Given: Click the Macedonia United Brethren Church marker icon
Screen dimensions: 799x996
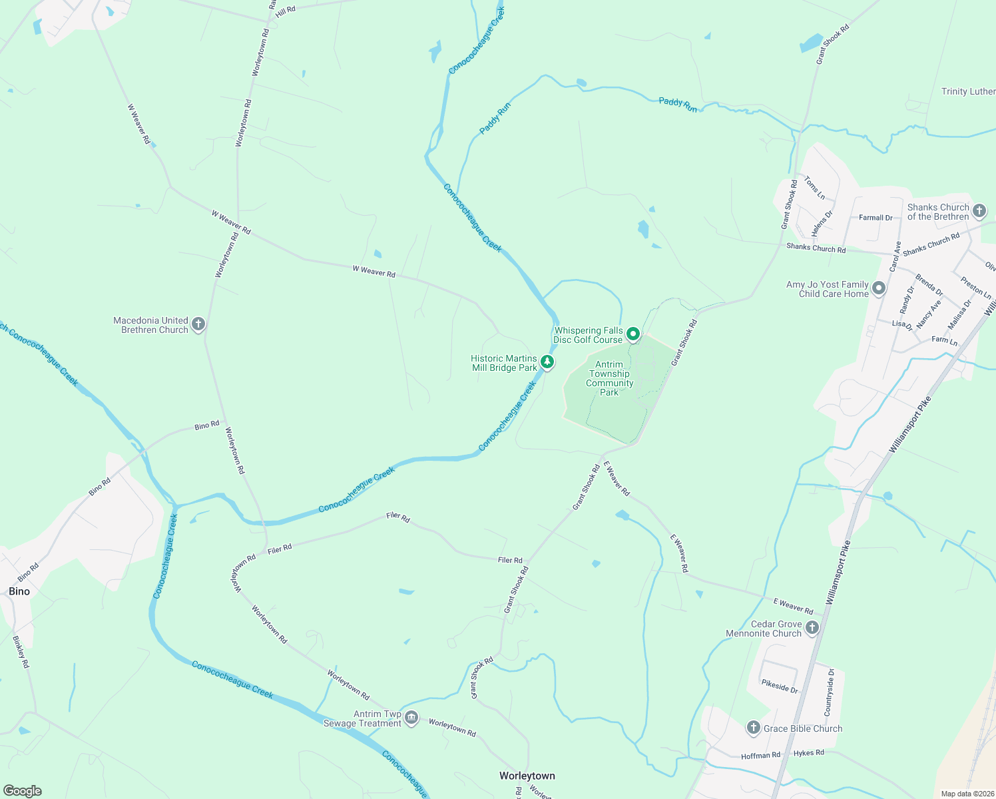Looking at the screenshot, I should [198, 324].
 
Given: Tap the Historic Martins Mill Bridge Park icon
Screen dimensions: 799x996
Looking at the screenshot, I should [547, 362].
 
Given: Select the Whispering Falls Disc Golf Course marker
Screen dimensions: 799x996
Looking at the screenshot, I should [633, 334].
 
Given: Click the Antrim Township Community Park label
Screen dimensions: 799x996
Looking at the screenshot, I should [609, 378].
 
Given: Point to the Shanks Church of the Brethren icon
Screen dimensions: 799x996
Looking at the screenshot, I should [979, 212].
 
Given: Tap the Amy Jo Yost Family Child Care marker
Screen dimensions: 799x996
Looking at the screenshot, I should [879, 288].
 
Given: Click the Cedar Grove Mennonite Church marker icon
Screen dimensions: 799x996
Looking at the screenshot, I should [812, 628].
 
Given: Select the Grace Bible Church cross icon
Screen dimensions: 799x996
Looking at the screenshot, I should [753, 728].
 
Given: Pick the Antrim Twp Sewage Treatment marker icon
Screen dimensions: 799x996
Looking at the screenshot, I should [411, 718].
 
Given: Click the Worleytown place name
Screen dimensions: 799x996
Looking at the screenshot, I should [527, 776].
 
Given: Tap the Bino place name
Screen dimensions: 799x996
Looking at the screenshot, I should [19, 591].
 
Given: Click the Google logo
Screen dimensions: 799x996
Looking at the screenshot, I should [23, 791].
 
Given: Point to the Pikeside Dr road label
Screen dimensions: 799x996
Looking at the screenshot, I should [780, 686].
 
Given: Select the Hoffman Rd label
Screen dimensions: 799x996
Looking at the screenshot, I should [760, 756].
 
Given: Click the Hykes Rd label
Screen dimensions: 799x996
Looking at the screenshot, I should [809, 753].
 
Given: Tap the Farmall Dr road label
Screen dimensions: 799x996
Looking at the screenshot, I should [875, 218].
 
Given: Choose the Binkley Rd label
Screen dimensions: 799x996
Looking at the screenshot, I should [21, 652].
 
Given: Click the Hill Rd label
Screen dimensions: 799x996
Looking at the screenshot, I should [285, 10].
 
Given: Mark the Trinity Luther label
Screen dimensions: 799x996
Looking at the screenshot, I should [968, 91].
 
